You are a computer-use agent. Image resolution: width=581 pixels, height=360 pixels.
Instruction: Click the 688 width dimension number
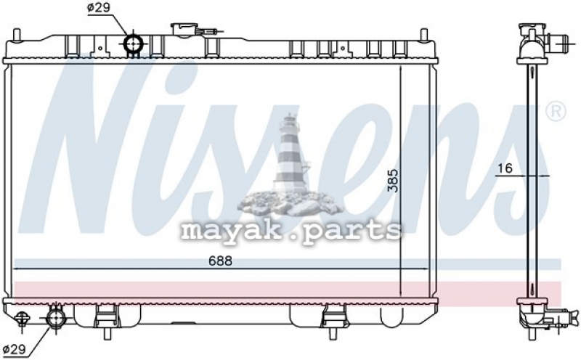(x=220, y=261)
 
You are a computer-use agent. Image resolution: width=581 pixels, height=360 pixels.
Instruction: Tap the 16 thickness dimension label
(x=505, y=168)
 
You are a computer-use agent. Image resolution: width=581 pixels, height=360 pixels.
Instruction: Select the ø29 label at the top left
(x=99, y=8)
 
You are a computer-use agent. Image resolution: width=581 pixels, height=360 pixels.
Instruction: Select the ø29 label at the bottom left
(x=14, y=349)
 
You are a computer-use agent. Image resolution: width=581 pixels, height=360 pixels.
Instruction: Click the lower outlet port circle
(x=56, y=317)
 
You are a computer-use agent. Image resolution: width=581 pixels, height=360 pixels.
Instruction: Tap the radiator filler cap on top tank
(x=184, y=30)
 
